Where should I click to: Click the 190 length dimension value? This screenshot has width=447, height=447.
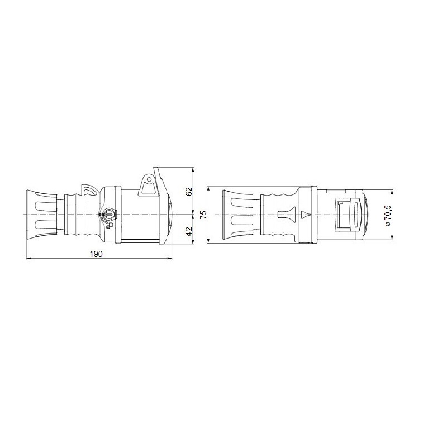(x=96, y=254)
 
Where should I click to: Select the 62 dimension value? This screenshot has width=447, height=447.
(x=189, y=191)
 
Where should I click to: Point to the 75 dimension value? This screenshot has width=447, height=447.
(x=203, y=215)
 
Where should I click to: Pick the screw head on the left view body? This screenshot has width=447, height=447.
(x=108, y=214)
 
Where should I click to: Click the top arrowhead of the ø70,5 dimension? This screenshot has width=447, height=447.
(x=391, y=192)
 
